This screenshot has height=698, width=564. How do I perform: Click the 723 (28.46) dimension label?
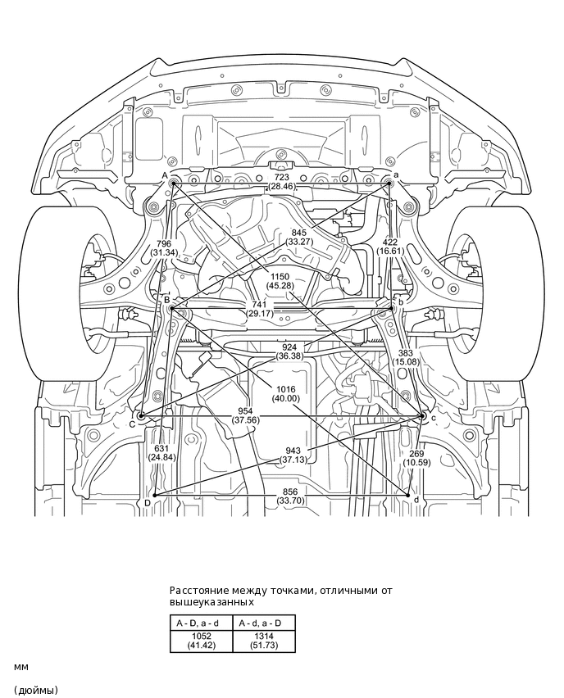pos(280,182)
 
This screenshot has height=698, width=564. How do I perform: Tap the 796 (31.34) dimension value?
pos(163,247)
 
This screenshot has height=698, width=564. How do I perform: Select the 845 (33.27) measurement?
pos(299,237)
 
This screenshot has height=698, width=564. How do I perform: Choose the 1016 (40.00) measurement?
pos(286,393)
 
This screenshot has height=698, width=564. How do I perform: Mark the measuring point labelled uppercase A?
pos(165,175)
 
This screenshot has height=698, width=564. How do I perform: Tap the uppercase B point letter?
pos(166,300)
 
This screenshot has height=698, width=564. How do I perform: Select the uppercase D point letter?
pos(147,501)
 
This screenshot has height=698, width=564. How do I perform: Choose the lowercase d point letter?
pos(416,500)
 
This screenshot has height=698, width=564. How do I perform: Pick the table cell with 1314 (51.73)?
pos(263,641)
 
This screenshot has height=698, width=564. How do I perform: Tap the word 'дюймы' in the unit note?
pos(36,690)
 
